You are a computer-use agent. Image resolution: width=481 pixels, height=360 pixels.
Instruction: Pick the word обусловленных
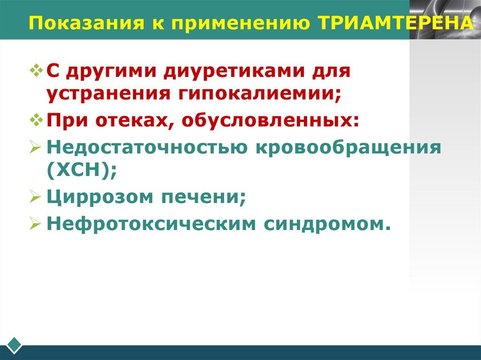tap(269, 121)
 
